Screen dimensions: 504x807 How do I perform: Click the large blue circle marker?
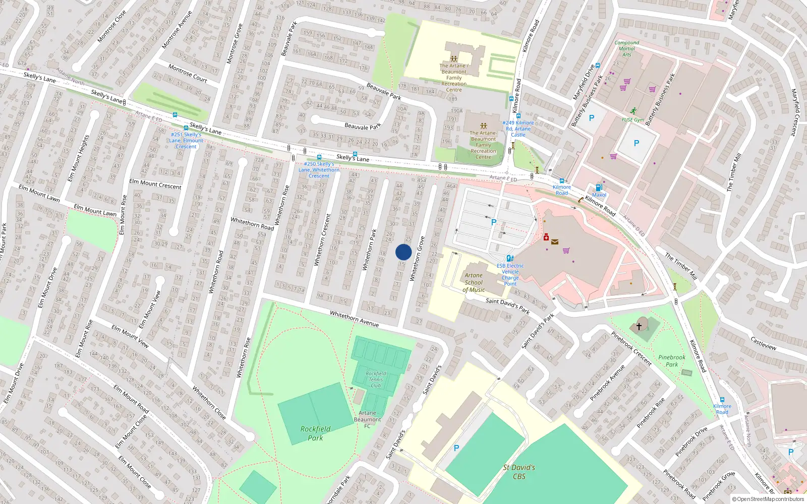click(x=403, y=252)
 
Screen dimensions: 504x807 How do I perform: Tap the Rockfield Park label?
click(x=315, y=433)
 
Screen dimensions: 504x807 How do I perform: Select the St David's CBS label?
click(x=519, y=472)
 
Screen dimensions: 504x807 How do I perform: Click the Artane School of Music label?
click(x=474, y=283)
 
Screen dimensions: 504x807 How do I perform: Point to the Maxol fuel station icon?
click(x=599, y=187)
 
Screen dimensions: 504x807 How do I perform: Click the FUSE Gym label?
click(x=632, y=120)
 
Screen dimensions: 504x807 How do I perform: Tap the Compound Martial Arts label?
click(x=626, y=48)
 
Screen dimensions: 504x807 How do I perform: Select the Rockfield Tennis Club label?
click(x=376, y=380)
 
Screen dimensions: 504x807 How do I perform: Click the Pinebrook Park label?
click(x=672, y=360)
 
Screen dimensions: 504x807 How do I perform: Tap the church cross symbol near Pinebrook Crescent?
click(x=639, y=326)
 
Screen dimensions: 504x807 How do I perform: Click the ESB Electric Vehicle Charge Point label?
click(x=510, y=275)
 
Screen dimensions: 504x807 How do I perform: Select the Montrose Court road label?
click(x=188, y=73)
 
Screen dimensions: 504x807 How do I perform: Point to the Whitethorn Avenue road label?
click(x=354, y=319)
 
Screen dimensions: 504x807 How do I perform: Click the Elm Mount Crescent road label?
click(x=155, y=184)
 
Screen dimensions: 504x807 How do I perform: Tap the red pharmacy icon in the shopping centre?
click(x=546, y=237)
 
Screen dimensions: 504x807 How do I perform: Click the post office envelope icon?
click(x=555, y=242)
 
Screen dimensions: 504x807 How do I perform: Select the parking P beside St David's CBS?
click(x=456, y=448)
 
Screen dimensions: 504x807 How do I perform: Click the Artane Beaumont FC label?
click(x=367, y=419)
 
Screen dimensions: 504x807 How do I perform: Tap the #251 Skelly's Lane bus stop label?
click(x=186, y=141)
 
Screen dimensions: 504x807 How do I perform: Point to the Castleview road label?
click(x=763, y=344)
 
